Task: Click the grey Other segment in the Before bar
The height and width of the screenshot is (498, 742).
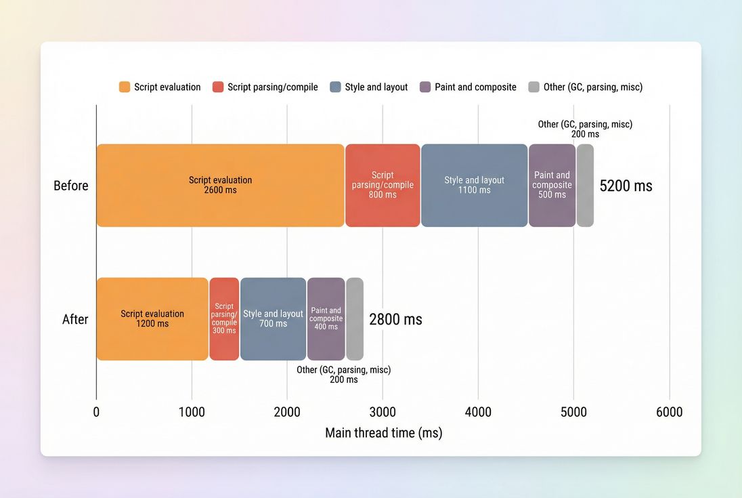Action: [x=585, y=185]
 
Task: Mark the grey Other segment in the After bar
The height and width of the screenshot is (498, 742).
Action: [x=355, y=318]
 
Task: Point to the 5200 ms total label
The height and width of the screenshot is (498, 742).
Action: [x=626, y=186]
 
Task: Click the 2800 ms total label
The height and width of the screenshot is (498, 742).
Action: [x=395, y=319]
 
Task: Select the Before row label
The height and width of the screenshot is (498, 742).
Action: [x=71, y=186]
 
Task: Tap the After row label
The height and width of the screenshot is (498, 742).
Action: [x=75, y=319]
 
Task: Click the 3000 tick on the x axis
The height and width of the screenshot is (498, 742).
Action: [x=383, y=412]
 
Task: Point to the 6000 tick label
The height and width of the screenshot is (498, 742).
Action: [x=669, y=412]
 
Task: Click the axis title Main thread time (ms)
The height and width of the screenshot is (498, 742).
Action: [x=383, y=433]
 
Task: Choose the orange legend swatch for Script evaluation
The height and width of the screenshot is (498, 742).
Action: [x=125, y=87]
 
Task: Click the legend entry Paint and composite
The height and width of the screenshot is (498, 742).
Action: [x=475, y=87]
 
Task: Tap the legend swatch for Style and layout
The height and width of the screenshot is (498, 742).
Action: [x=335, y=87]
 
